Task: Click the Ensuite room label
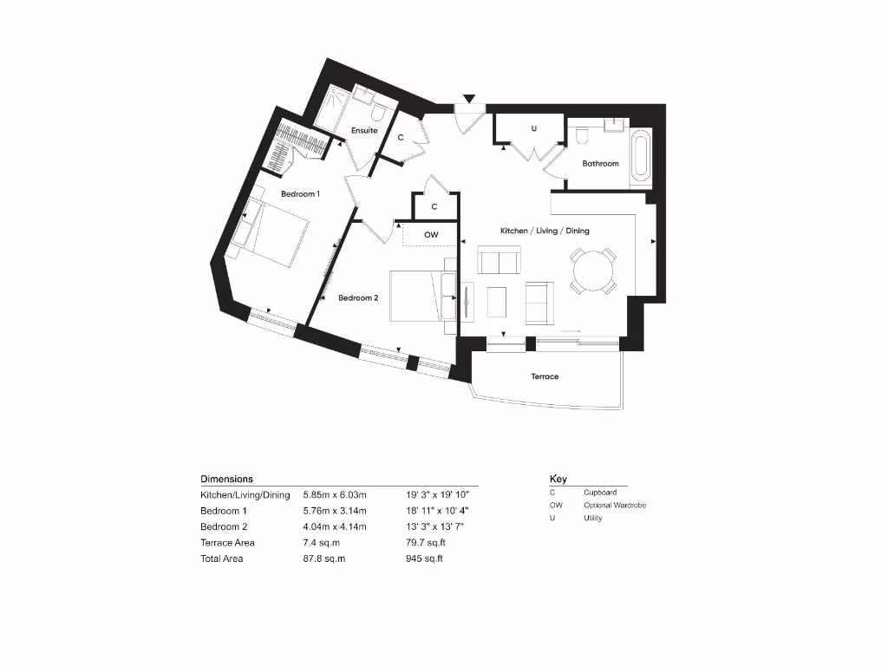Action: pyautogui.click(x=364, y=131)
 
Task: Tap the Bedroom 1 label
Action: pyautogui.click(x=300, y=194)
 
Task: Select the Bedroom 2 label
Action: pyautogui.click(x=358, y=298)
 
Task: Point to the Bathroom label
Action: pyautogui.click(x=600, y=164)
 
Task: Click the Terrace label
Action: pyautogui.click(x=545, y=376)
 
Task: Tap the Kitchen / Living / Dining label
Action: pyautogui.click(x=545, y=231)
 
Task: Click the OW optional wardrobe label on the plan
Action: pyautogui.click(x=431, y=235)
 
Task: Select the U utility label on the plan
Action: pyautogui.click(x=534, y=129)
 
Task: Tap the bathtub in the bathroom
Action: pyautogui.click(x=640, y=158)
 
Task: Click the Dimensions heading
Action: pyautogui.click(x=226, y=479)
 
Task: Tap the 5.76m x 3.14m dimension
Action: pyautogui.click(x=335, y=511)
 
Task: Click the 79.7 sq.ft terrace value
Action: pyautogui.click(x=425, y=543)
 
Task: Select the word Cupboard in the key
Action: pyautogui.click(x=600, y=493)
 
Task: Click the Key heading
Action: pyautogui.click(x=558, y=479)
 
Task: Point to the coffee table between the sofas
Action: pyautogui.click(x=497, y=303)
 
